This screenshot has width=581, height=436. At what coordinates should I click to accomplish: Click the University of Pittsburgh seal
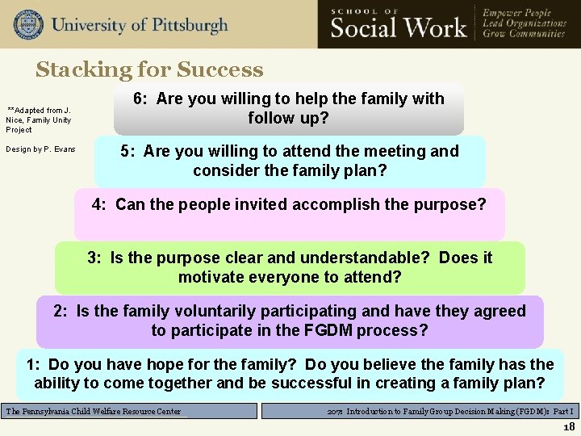tap(28, 24)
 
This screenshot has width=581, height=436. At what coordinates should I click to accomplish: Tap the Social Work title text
tap(399, 27)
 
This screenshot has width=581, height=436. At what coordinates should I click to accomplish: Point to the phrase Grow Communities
tap(523, 35)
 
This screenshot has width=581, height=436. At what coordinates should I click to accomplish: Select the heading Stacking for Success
tap(149, 69)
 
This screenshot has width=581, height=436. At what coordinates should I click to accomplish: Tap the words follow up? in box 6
tap(288, 118)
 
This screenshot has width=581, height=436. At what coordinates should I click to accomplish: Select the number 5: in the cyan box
tap(129, 151)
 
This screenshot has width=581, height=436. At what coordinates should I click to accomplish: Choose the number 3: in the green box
tap(96, 258)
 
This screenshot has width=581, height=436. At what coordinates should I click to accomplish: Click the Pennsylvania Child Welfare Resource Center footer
tap(94, 411)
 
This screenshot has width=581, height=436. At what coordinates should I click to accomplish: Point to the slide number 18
tap(569, 426)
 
